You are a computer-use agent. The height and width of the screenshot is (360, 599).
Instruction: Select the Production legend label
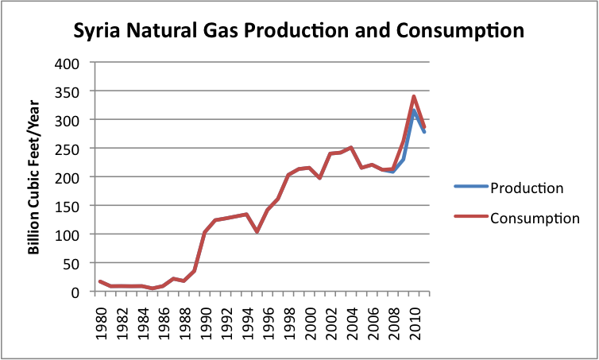tap(527, 188)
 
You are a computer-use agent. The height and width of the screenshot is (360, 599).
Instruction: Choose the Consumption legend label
tap(535, 219)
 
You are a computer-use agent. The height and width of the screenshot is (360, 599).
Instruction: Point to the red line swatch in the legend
tap(470, 216)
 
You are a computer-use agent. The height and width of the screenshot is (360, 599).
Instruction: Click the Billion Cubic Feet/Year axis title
tap(33, 177)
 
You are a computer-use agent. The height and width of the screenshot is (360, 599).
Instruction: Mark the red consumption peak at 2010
tap(414, 96)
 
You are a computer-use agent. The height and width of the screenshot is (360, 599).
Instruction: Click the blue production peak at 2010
tap(414, 110)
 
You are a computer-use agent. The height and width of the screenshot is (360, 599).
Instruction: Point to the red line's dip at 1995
tap(257, 231)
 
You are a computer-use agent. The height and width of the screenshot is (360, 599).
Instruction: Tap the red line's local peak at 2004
tap(351, 147)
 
